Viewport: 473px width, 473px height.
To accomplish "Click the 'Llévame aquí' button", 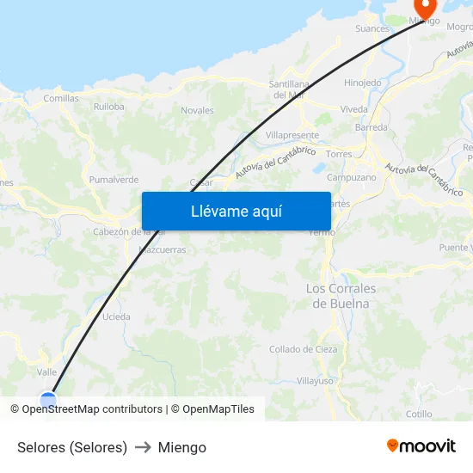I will [236, 211].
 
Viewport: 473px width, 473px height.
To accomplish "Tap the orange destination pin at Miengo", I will [425, 8].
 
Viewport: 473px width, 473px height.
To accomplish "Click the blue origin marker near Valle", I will [48, 399].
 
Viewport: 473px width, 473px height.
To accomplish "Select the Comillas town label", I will [60, 98].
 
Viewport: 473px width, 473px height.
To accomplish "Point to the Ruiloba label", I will [109, 107].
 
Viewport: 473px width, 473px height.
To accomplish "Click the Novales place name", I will [197, 110].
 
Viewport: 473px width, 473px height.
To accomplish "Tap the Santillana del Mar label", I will [289, 89].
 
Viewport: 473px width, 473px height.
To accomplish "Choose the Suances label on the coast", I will [372, 28].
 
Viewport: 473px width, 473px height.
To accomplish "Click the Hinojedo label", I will [362, 83].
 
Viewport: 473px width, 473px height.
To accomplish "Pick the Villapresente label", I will [292, 135].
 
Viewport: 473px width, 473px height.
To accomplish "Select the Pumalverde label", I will [114, 180].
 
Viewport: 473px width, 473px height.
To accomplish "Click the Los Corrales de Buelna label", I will [341, 295].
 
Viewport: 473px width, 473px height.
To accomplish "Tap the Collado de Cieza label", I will [303, 349].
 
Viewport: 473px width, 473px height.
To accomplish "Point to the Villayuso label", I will [314, 380].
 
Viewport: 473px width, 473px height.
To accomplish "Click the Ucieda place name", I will [116, 316].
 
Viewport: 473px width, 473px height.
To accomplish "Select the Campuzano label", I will [352, 177].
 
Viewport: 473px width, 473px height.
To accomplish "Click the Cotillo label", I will [419, 414].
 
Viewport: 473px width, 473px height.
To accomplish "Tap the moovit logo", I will [421, 446].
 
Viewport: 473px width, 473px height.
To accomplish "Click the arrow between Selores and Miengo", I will [143, 447].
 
